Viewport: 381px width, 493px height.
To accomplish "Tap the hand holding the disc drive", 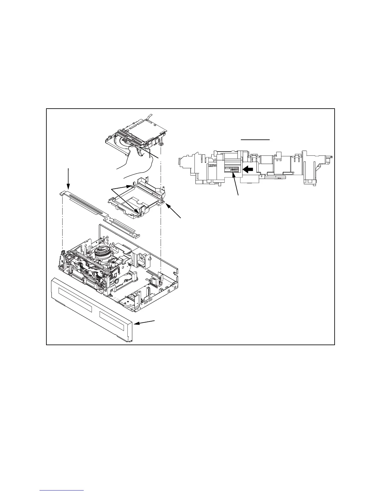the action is pos(137,160).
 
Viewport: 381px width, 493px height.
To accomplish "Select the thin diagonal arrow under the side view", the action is pos(236,184).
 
